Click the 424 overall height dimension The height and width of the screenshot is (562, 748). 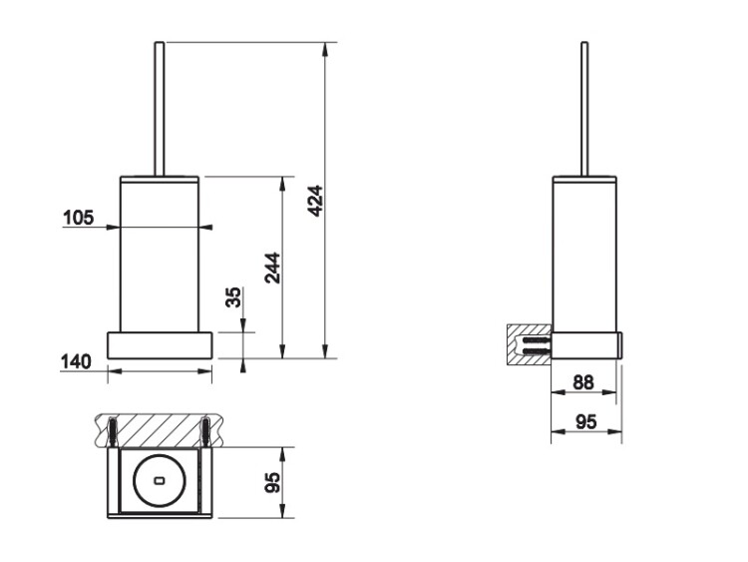(x=315, y=201)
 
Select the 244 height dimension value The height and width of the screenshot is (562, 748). (x=273, y=268)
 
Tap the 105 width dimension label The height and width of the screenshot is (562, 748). (x=79, y=218)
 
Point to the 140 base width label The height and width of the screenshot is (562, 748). (x=76, y=361)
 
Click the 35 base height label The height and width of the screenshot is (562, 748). (x=233, y=297)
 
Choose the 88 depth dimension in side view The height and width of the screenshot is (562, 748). (x=583, y=382)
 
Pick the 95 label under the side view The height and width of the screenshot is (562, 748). (x=586, y=421)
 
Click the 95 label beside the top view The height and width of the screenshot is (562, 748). (x=272, y=483)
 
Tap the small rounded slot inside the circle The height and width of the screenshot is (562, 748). (x=159, y=480)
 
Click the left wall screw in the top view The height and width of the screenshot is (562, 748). (x=112, y=432)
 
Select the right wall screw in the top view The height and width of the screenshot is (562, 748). (x=205, y=432)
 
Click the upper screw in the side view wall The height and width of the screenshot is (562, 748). (x=538, y=340)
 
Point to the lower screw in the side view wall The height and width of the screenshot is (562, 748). (x=538, y=351)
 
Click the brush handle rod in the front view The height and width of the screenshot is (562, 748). (x=160, y=110)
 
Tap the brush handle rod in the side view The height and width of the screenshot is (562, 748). (x=584, y=110)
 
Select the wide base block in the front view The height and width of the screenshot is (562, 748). (x=160, y=344)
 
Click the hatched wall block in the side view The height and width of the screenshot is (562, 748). (x=529, y=344)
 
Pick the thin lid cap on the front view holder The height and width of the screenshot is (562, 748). (x=160, y=179)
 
